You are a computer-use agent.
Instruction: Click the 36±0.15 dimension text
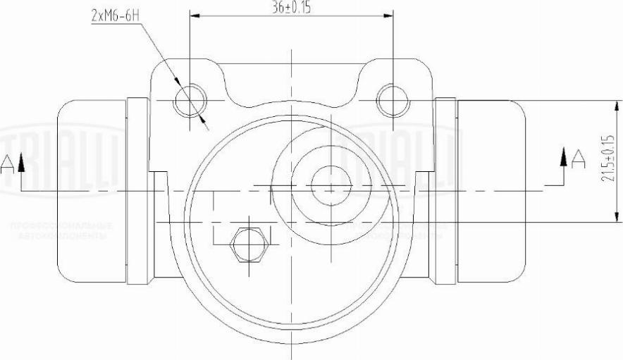[290, 8]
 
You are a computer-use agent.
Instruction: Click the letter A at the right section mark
[578, 159]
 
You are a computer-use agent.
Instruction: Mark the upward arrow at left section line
[22, 163]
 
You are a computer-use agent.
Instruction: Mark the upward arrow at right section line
[563, 156]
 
